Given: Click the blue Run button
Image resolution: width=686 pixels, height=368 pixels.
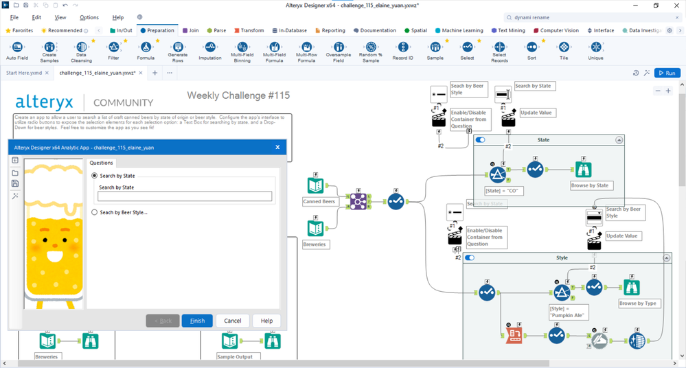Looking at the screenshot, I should pos(667,73).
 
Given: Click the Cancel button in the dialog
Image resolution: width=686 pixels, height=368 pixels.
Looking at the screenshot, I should pos(233,321).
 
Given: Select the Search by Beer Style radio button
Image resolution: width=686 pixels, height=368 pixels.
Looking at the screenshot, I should pos(95,213).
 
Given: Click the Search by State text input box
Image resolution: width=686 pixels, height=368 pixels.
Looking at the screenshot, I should pos(185,197).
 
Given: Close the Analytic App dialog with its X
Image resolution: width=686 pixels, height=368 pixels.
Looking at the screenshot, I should pos(277,147).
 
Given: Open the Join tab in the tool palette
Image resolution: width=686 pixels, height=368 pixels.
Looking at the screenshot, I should pos(190,30).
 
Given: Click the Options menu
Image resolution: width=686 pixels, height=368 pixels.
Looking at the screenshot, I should pos(89,17).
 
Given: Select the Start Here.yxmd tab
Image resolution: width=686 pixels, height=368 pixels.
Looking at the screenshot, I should pos(24,73).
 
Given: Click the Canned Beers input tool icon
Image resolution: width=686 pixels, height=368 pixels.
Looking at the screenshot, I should pos(315,186).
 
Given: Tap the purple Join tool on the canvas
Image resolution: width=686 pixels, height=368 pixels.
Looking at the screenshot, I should pos(358,200).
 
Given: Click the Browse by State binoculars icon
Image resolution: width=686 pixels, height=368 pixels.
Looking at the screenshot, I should pos(583,169).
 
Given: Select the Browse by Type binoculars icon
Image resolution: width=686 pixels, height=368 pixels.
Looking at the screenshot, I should pos(631,288).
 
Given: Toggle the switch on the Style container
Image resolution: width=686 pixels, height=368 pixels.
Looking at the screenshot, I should pos(470,258).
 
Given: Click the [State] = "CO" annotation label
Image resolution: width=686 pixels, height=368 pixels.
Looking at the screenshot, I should pos(504,190).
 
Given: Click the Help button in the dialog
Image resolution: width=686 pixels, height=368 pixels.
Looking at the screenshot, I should pos(266,321).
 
